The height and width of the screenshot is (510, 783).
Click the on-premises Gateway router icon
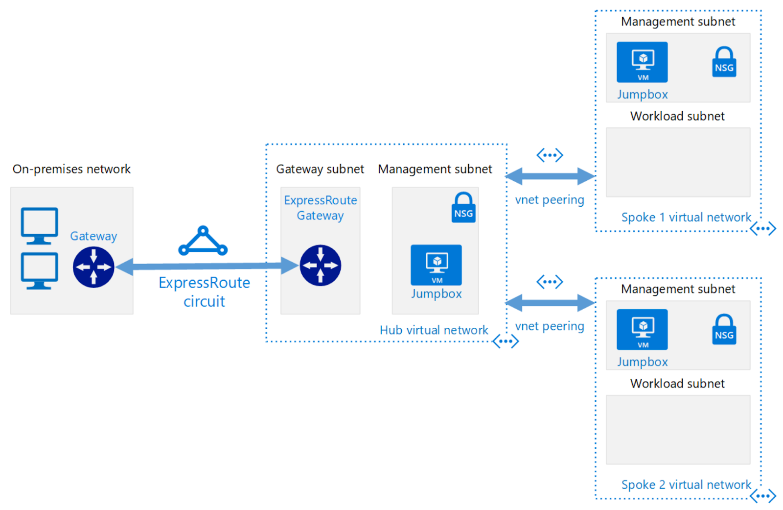coord(93,267)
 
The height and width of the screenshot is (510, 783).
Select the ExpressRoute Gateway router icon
coord(320,266)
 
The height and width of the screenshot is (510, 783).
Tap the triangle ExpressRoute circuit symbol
coord(203,241)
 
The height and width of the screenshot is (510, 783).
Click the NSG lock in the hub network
coord(463,208)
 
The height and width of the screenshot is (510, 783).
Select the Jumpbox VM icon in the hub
coord(436,265)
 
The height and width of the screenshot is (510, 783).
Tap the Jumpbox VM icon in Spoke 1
coord(642,62)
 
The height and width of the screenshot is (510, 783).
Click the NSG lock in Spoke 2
coord(724,329)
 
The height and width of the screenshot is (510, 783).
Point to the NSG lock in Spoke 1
coord(724,62)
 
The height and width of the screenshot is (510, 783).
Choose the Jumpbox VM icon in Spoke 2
coord(642,329)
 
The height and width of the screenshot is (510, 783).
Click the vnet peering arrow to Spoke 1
coord(550,176)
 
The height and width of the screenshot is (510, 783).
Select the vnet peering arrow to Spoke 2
coord(550,303)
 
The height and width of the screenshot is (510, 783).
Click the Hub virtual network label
coord(434,330)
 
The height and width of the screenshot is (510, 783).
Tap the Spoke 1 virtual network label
coord(686,218)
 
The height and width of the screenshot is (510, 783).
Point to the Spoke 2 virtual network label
coord(686,485)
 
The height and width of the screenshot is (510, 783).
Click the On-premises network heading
coord(71,169)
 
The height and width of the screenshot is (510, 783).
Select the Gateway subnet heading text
coord(320,169)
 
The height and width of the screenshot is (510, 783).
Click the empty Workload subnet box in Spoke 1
coord(677,162)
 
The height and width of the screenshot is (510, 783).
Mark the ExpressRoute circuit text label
coord(204,292)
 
